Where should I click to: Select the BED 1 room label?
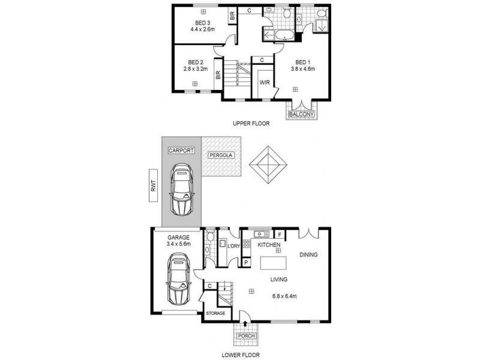coord(303,62)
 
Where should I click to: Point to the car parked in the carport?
coord(181,190)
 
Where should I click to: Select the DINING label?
coord(308,255)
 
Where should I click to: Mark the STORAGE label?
coord(216,313)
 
